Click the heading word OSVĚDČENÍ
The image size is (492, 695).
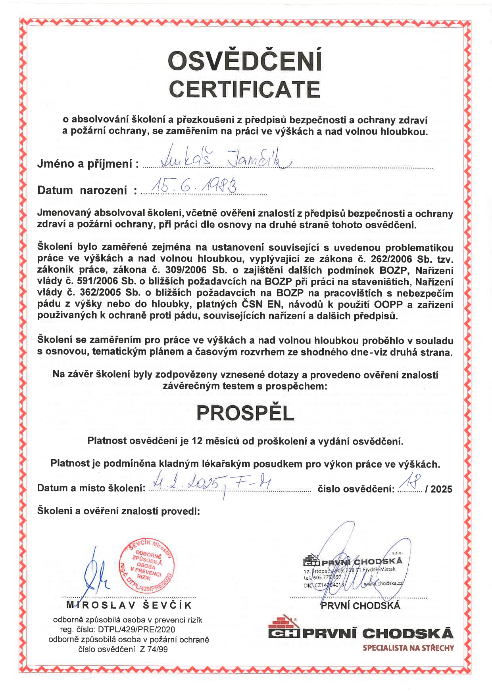coord(245,61)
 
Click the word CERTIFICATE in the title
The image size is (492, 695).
coord(245,89)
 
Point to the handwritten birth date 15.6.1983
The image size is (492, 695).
coord(194,185)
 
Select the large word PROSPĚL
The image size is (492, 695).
coord(245,413)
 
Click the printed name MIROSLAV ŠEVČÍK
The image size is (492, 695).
coord(129,605)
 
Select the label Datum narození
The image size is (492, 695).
coord(83,191)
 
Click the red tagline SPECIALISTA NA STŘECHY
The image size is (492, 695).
coord(408,648)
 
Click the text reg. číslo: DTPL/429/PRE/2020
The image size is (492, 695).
coord(117,629)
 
